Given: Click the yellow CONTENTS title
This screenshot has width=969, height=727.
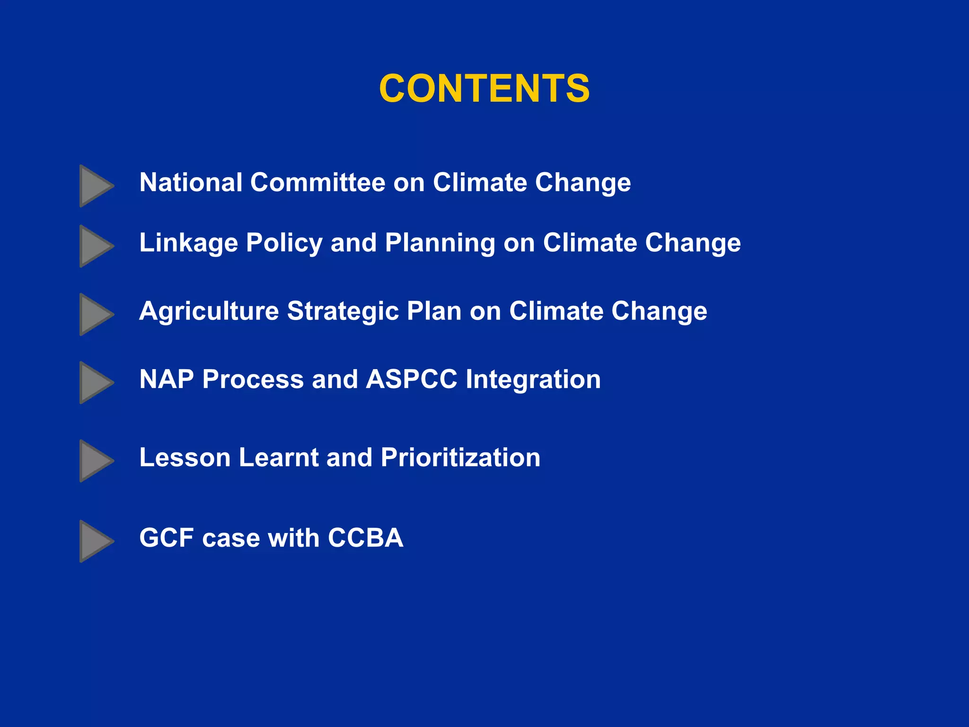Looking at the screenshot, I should click(x=484, y=89).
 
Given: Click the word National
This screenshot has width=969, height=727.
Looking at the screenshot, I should click(x=191, y=183).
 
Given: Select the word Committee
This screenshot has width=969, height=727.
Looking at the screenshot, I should click(x=317, y=183).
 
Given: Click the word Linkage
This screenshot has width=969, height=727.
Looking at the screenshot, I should click(x=188, y=243).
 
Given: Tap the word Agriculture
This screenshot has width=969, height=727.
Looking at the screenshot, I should click(x=209, y=311).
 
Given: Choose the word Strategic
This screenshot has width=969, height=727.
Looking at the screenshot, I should click(x=343, y=311).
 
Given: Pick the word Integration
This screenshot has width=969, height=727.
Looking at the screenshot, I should click(x=533, y=380).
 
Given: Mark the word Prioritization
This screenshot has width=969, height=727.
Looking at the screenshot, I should click(x=460, y=458).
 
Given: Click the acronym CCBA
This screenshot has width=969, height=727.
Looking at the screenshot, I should click(x=365, y=538).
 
